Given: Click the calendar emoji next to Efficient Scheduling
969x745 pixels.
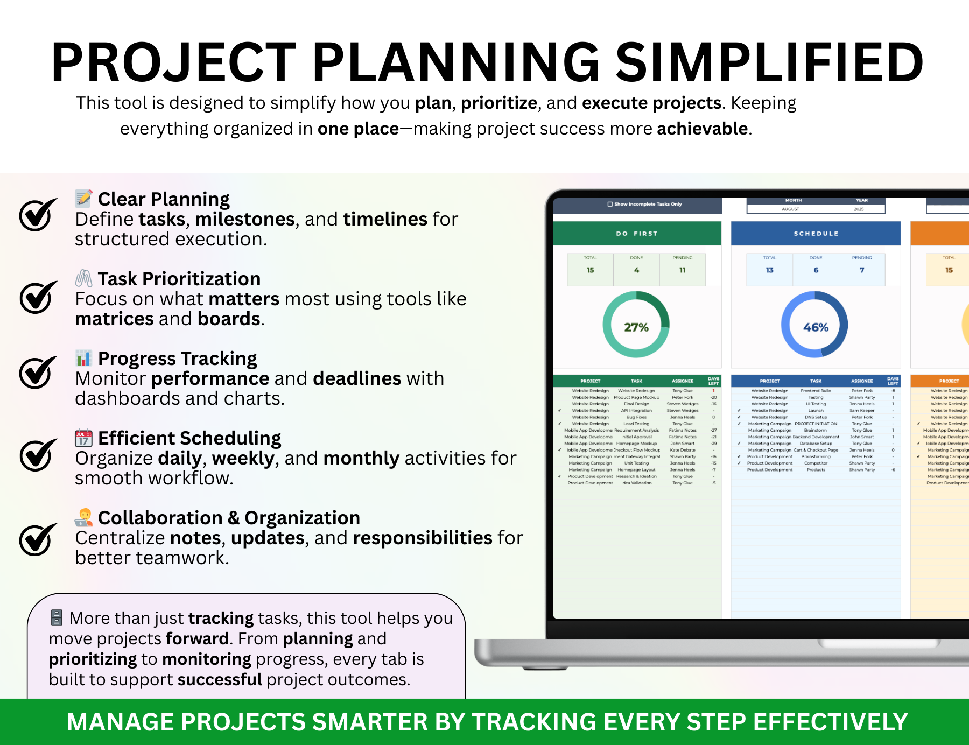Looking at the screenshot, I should click(83, 438).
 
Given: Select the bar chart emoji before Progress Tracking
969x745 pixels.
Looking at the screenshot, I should click(83, 358).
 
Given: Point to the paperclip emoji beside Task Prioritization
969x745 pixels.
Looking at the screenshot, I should click(83, 278).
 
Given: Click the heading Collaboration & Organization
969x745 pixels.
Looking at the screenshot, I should click(229, 517).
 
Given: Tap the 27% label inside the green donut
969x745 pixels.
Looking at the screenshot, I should click(636, 327).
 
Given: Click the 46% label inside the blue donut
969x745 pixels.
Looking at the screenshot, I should click(816, 327).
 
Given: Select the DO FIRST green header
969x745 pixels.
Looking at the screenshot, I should click(637, 234).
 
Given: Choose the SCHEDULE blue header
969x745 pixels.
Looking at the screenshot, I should click(816, 234).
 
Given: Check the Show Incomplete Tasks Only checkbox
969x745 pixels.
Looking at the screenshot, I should click(610, 204).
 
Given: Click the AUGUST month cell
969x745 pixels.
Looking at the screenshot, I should click(790, 209).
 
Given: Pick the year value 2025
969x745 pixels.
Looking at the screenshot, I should click(859, 209).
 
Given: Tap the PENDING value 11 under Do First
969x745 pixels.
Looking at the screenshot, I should click(682, 270).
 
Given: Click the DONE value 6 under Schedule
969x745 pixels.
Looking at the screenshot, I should click(816, 270).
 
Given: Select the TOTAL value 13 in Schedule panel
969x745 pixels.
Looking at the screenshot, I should click(769, 270).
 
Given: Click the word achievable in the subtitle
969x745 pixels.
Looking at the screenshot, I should click(702, 129).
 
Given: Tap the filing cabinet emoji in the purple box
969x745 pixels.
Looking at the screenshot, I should click(57, 617).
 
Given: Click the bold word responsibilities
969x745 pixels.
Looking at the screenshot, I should click(423, 538).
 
